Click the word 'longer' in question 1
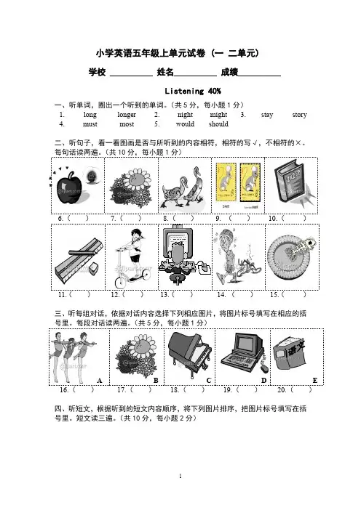pyautogui.click(x=127, y=115)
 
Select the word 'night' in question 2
pyautogui.click(x=185, y=115)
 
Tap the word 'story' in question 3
pyautogui.click(x=299, y=115)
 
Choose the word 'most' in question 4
pyautogui.click(x=127, y=124)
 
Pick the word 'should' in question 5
pyautogui.click(x=218, y=124)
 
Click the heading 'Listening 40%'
pyautogui.click(x=193, y=91)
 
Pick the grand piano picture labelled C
pyautogui.click(x=190, y=354)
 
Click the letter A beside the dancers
pyautogui.click(x=100, y=381)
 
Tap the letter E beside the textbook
pyautogui.click(x=314, y=381)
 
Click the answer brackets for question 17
pyautogui.click(x=140, y=389)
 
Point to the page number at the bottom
pyautogui.click(x=180, y=476)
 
